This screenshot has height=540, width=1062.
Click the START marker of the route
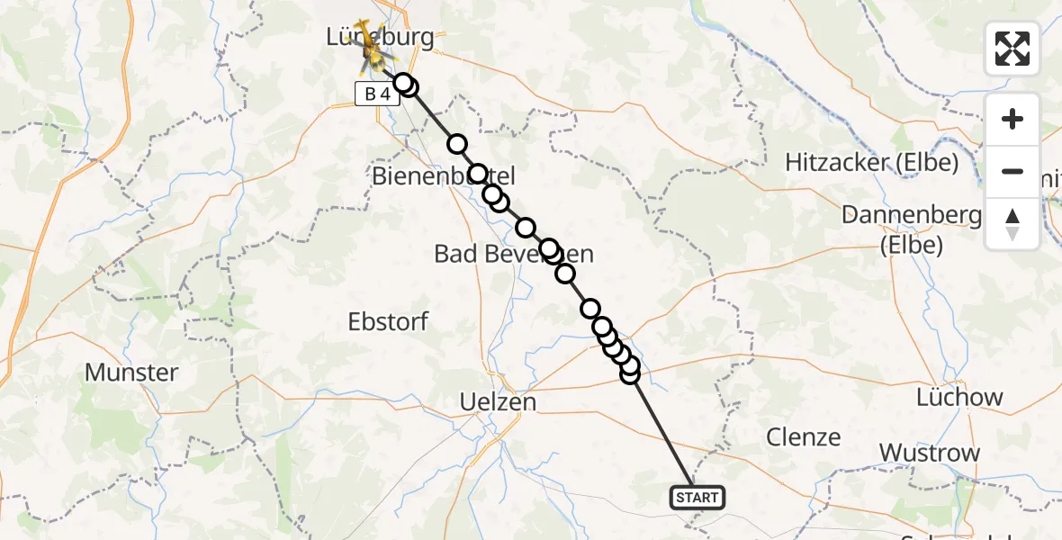pyautogui.click(x=697, y=497)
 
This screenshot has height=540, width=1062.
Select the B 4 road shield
pyautogui.click(x=377, y=94)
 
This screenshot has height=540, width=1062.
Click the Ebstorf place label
pyautogui.click(x=388, y=321)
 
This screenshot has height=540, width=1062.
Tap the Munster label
pyautogui.click(x=131, y=372)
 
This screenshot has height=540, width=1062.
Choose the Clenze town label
pyautogui.click(x=803, y=437)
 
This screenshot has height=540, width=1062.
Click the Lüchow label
pyautogui.click(x=958, y=397)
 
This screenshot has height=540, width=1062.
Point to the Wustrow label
pyautogui.click(x=930, y=453)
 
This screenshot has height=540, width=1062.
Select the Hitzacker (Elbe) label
pyautogui.click(x=870, y=163)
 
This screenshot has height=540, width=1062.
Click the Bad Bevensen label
pyautogui.click(x=514, y=254)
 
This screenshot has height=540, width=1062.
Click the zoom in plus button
pyautogui.click(x=1012, y=120)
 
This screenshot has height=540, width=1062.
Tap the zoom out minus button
pyautogui.click(x=1012, y=172)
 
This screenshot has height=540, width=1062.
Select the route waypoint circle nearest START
pyautogui.click(x=630, y=373)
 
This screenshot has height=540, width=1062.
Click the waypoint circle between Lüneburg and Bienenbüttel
pyautogui.click(x=457, y=144)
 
